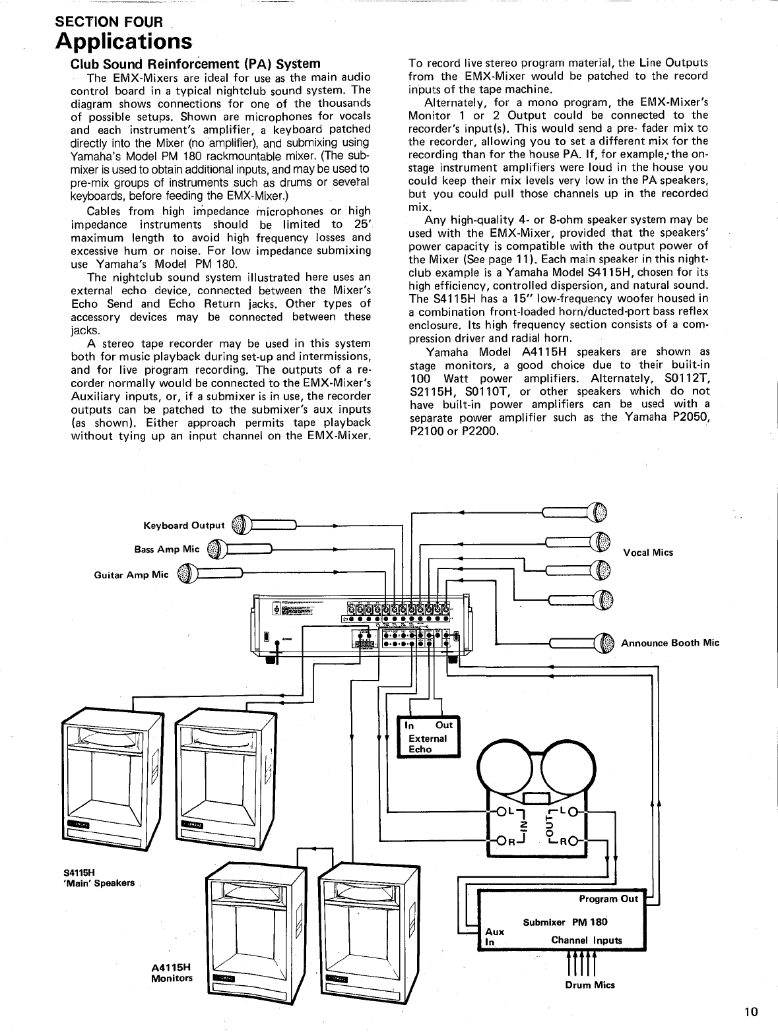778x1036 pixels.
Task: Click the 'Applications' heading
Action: click(124, 41)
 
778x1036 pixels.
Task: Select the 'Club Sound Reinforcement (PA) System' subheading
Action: click(195, 64)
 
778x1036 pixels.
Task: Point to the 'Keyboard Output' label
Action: click(184, 526)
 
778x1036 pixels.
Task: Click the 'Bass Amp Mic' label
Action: click(166, 549)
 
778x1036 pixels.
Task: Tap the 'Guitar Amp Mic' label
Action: click(131, 574)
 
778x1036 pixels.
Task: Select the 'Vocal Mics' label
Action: click(648, 553)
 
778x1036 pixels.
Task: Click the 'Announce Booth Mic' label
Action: click(670, 643)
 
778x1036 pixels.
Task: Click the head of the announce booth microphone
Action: click(605, 643)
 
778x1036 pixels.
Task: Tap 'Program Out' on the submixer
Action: click(608, 899)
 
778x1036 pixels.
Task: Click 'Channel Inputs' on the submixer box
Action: click(587, 940)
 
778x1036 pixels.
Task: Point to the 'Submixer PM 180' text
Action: click(565, 922)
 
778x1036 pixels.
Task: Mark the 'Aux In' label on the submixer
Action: click(494, 936)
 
